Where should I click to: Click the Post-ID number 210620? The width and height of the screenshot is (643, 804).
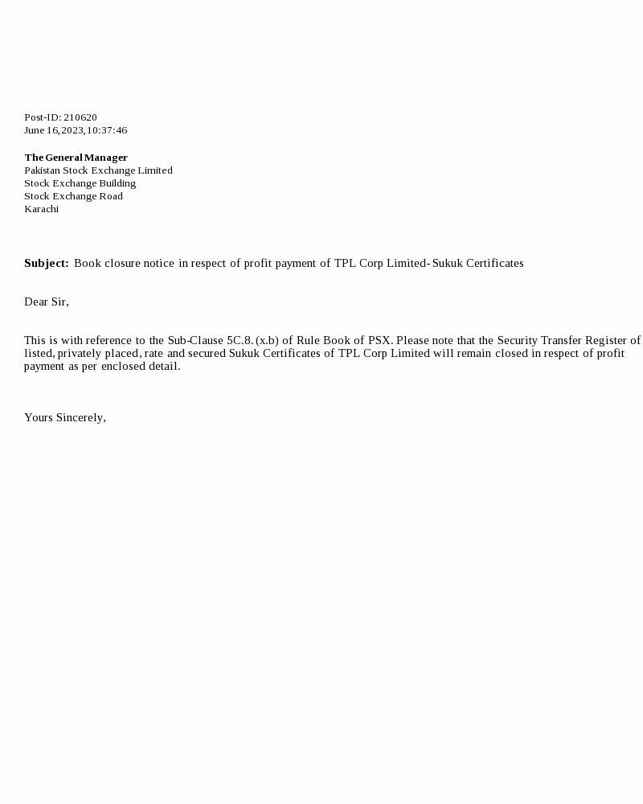click(80, 117)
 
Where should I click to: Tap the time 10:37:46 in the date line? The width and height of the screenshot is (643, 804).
click(107, 130)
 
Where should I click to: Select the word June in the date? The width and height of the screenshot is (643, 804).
click(35, 130)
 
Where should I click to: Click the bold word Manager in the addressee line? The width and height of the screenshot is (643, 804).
click(106, 158)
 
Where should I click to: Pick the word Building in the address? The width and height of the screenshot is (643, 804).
click(117, 183)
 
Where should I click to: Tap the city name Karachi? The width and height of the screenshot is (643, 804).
click(42, 209)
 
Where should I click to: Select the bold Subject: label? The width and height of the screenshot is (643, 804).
click(46, 263)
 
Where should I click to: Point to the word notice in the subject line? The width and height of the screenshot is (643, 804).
click(159, 263)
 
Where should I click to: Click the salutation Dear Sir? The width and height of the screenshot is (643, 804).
click(47, 301)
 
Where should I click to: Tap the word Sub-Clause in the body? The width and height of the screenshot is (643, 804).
click(195, 340)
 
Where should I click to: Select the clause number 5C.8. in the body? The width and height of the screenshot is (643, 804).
click(240, 340)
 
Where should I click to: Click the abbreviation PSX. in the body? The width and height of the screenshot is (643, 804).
click(380, 340)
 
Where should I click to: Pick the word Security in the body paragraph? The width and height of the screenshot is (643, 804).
click(518, 340)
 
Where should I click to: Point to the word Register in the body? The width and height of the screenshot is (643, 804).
click(606, 340)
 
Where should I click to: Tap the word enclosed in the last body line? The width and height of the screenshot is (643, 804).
click(123, 366)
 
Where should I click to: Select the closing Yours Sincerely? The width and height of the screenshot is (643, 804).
click(65, 417)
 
